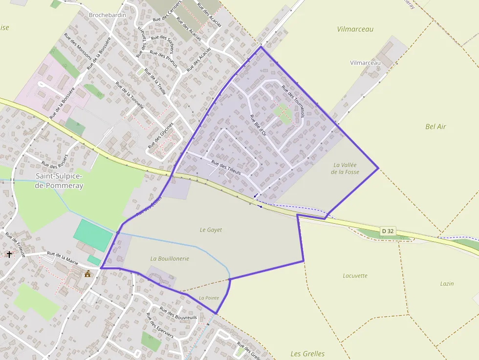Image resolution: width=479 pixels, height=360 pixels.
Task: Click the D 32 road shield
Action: pyautogui.click(x=388, y=230)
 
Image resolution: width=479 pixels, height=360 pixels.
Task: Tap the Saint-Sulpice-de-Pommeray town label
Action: pyautogui.click(x=60, y=181)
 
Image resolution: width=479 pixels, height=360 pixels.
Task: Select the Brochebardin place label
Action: pyautogui.click(x=108, y=15)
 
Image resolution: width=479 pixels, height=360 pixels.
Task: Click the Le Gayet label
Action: pyautogui.click(x=211, y=229)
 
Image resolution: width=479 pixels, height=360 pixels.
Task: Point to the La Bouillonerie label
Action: pyautogui.click(x=170, y=258)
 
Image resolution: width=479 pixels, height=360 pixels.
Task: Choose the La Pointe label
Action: pyautogui.click(x=209, y=297)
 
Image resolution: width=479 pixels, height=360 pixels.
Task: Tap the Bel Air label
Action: pyautogui.click(x=435, y=127)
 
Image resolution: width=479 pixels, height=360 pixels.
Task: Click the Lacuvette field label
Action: pyautogui.click(x=355, y=275)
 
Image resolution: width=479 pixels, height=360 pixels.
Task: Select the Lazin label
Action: pyautogui.click(x=447, y=283)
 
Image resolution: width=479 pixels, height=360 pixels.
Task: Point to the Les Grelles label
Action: pyautogui.click(x=307, y=354)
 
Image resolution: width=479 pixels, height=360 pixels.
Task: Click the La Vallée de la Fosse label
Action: pyautogui.click(x=345, y=169)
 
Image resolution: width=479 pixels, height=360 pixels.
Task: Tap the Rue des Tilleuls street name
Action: pyautogui.click(x=226, y=168)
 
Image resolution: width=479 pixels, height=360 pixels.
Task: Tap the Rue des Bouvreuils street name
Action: pyautogui.click(x=178, y=314)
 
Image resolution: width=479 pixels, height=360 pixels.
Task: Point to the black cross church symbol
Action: pyautogui.click(x=9, y=254)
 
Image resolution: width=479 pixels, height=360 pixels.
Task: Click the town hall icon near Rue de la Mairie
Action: pyautogui.click(x=88, y=274)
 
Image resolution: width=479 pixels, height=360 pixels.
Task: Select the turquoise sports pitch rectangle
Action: pyautogui.click(x=93, y=235)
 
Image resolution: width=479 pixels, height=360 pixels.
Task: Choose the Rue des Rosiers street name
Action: pyautogui.click(x=54, y=162)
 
